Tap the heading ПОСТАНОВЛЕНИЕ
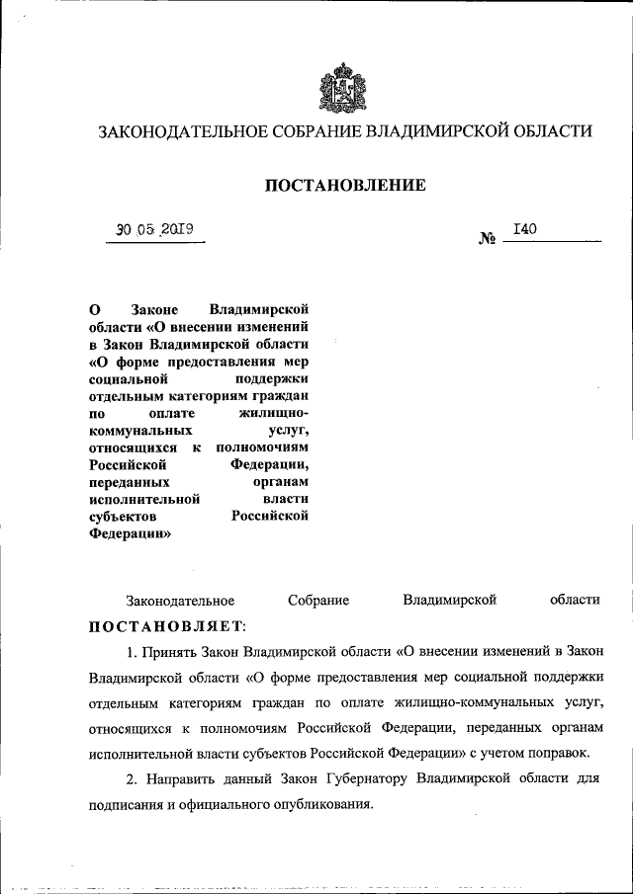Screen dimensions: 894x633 pos(344,185)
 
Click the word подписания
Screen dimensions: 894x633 pos(126,805)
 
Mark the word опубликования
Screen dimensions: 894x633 pos(323,805)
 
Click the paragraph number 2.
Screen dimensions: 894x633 pos(131,780)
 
